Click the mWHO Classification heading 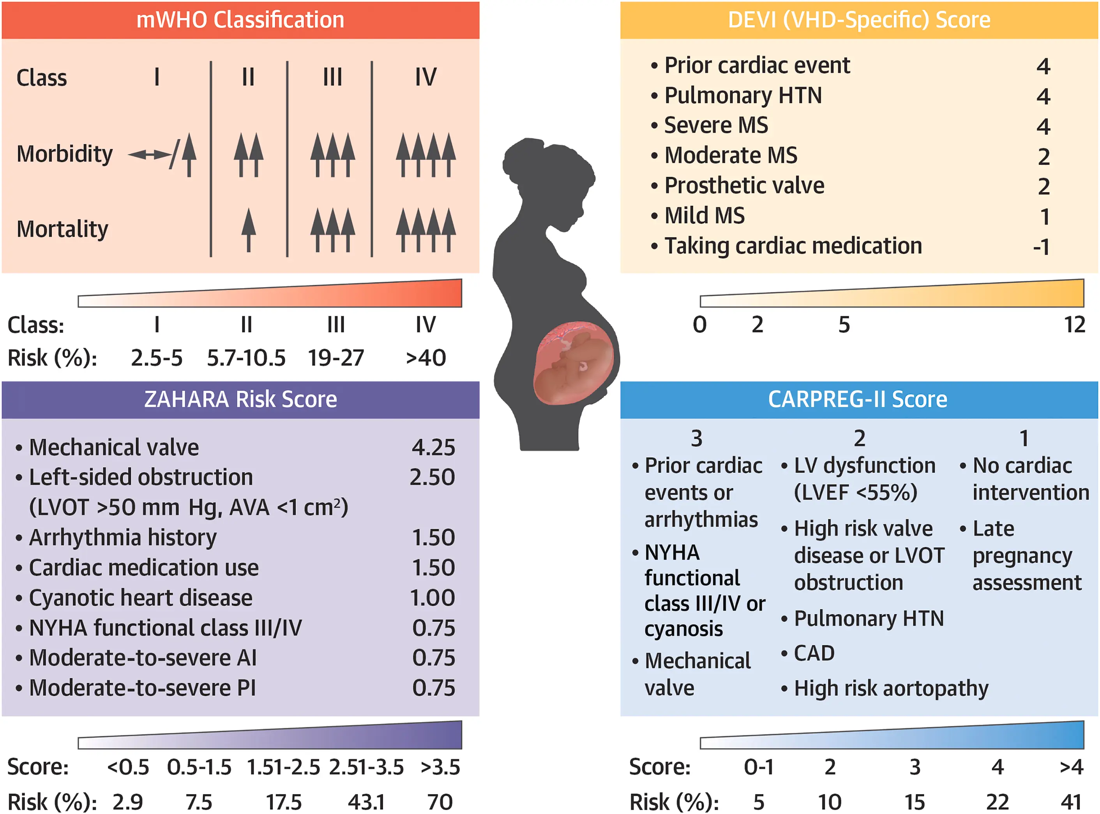(x=240, y=20)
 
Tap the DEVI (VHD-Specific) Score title (x=859, y=20)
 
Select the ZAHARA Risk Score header (x=240, y=399)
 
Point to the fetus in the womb (x=574, y=362)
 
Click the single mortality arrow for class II (x=249, y=230)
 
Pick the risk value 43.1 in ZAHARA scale (x=366, y=802)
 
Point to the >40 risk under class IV (x=426, y=358)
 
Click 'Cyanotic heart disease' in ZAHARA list (x=141, y=598)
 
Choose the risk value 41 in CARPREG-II (x=1071, y=802)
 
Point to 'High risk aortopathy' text (x=891, y=688)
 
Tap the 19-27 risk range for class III (x=336, y=358)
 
